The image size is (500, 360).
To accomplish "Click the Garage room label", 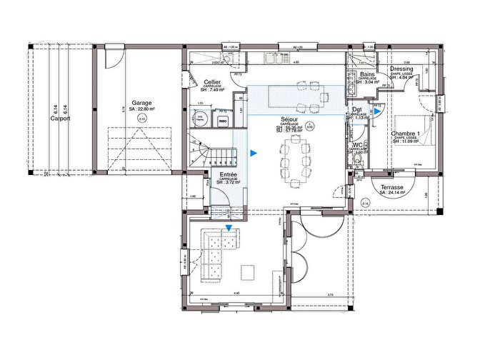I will [141, 103].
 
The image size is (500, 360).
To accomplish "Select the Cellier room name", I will [211, 82].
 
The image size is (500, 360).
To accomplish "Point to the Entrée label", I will [229, 174].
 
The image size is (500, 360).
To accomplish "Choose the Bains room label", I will [367, 74].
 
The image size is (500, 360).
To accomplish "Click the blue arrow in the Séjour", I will [253, 152].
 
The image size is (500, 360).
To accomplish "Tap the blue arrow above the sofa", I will [229, 229].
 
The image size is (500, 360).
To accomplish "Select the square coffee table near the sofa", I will [249, 272].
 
